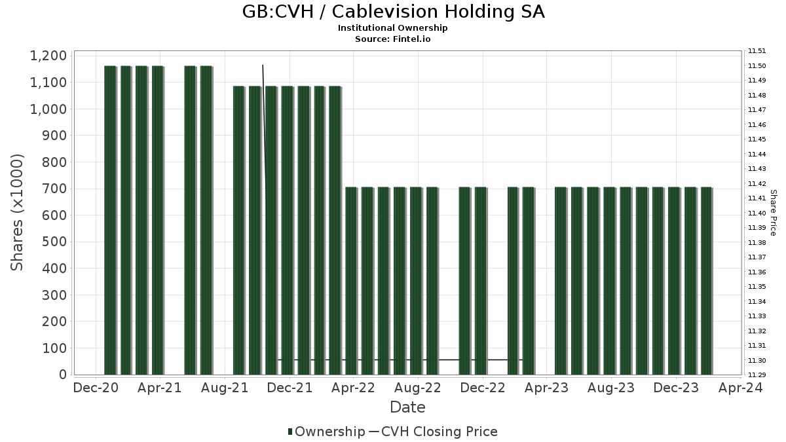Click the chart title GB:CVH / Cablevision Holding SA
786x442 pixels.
tap(393, 12)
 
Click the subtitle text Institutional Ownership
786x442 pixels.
tap(393, 28)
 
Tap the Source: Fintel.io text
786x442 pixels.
tap(393, 39)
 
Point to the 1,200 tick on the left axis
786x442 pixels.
tap(48, 56)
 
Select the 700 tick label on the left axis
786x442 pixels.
tap(54, 189)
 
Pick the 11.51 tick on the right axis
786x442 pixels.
tap(757, 51)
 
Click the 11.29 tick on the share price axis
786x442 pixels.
tap(757, 375)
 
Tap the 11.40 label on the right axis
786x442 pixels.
tap(757, 213)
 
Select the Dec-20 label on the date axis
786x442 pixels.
tap(96, 388)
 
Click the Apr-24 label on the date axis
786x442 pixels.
tap(739, 388)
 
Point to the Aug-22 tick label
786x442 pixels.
tap(418, 388)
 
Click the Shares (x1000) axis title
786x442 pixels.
tap(18, 213)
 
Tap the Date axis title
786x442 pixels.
tap(407, 407)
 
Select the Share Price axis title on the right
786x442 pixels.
tap(773, 213)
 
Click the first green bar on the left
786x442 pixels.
tap(110, 220)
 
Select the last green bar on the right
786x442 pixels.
tap(706, 282)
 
